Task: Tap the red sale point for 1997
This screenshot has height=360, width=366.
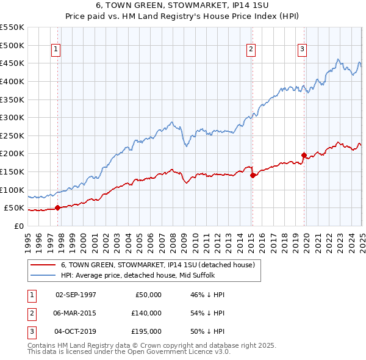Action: coord(57,207)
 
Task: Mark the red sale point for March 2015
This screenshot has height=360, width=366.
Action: coord(253,175)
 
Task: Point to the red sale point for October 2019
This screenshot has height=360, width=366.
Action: coord(304,155)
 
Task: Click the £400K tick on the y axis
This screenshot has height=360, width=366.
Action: coord(12,81)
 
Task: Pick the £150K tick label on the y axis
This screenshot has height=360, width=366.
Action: coord(12,171)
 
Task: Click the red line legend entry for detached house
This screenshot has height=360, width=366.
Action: coord(162,265)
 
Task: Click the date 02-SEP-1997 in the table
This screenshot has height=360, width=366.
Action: coord(76,295)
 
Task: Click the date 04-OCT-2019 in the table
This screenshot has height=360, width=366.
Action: coord(76,331)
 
